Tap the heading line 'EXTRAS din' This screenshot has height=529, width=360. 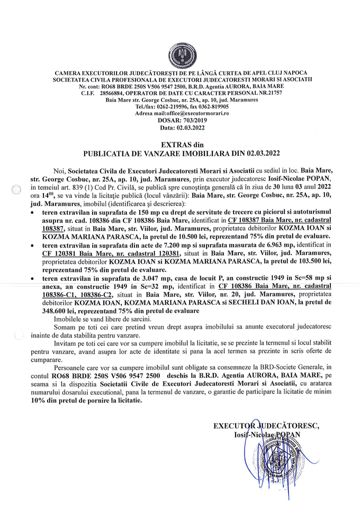179,144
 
